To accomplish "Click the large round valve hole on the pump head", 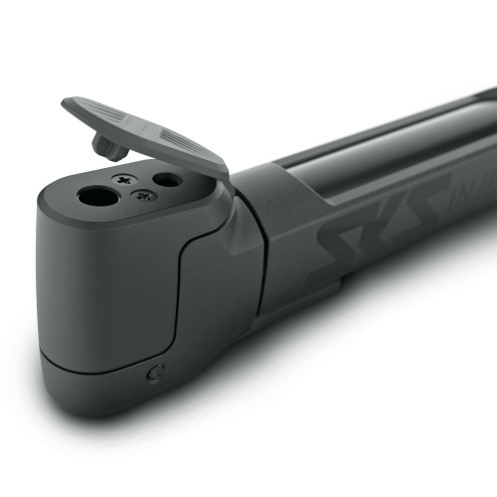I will click(97, 196).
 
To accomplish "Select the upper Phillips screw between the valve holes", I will click(124, 180).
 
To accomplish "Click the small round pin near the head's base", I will click(154, 374).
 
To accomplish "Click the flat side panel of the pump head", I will click(99, 288).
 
